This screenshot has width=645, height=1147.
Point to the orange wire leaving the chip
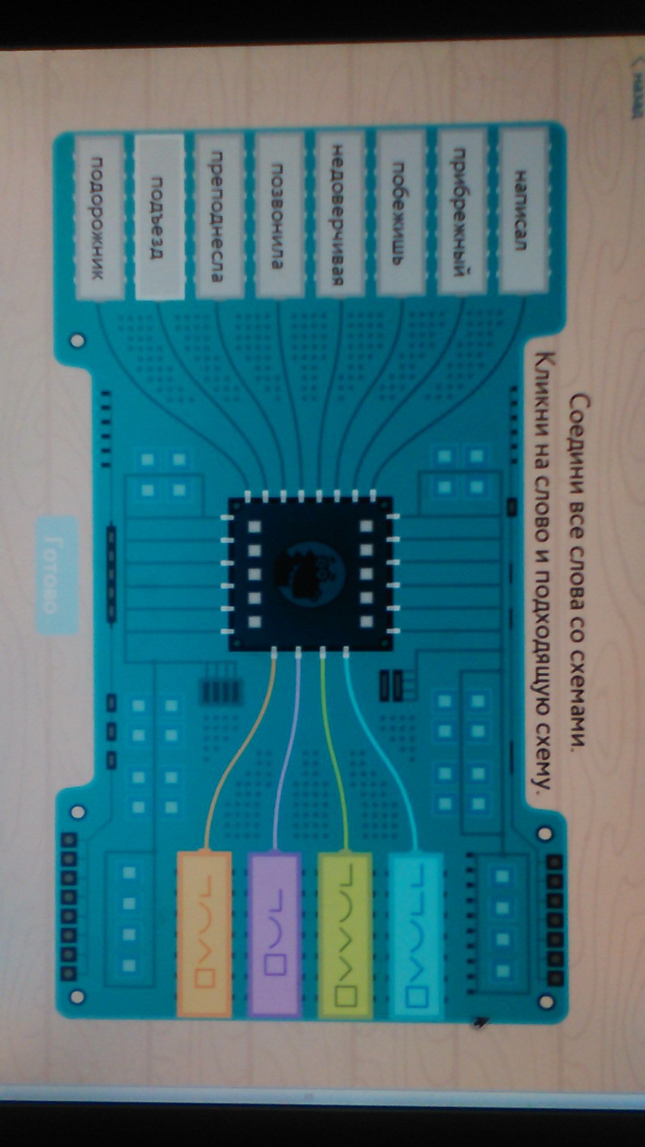click(x=239, y=753)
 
